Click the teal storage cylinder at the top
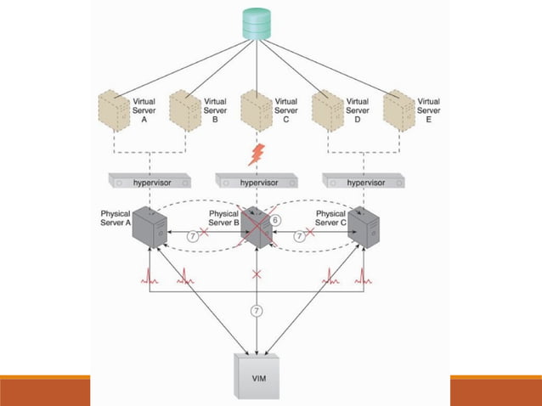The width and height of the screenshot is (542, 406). (x=257, y=23)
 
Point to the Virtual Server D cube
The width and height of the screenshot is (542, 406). (x=326, y=110)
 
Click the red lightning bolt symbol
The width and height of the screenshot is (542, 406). (x=257, y=155)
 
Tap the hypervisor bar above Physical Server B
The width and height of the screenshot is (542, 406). (x=257, y=182)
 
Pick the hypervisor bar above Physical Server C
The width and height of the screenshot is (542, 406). (x=364, y=182)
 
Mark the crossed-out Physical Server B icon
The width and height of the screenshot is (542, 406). (x=257, y=226)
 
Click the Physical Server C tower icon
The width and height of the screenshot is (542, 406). (x=364, y=227)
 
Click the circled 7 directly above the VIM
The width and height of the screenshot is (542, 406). (x=257, y=311)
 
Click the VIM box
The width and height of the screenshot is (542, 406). (x=257, y=376)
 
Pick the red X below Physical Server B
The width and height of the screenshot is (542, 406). (x=257, y=274)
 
